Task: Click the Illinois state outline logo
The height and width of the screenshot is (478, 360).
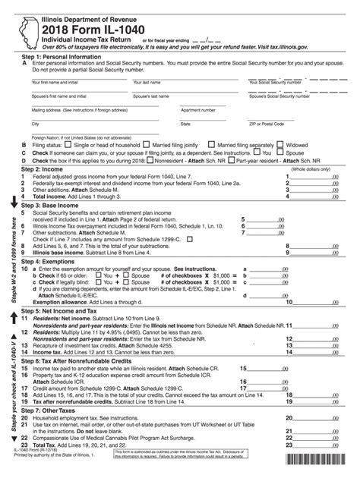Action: click(x=27, y=28)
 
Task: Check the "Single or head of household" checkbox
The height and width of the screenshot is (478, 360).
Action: click(x=48, y=143)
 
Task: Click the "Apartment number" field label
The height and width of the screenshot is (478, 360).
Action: click(x=200, y=109)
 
